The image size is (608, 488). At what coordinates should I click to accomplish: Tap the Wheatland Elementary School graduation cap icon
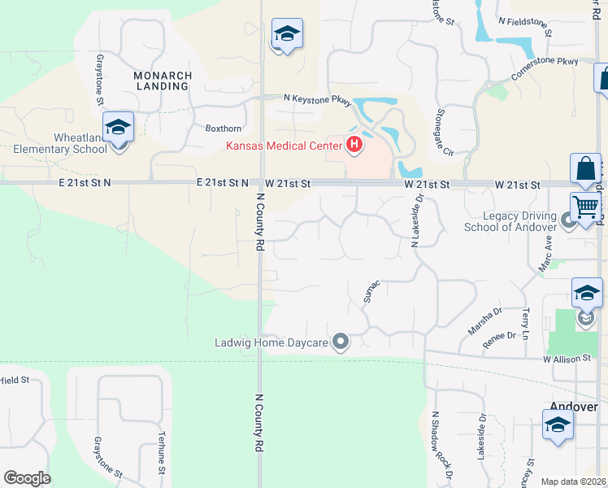coord(118,128)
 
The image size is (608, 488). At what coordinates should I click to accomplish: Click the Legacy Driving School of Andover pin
coord(570,220)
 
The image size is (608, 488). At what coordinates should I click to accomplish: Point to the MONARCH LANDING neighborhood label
coord(163,82)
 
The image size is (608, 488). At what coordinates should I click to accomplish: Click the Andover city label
coord(574,407)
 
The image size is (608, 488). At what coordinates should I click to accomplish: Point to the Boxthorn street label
coord(224,129)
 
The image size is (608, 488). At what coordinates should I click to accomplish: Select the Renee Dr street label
coord(499,336)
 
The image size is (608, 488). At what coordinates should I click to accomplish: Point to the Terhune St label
coord(162,452)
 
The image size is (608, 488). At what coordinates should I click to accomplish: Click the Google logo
coord(27,478)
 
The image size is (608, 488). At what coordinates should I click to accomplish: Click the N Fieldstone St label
coord(525,28)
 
